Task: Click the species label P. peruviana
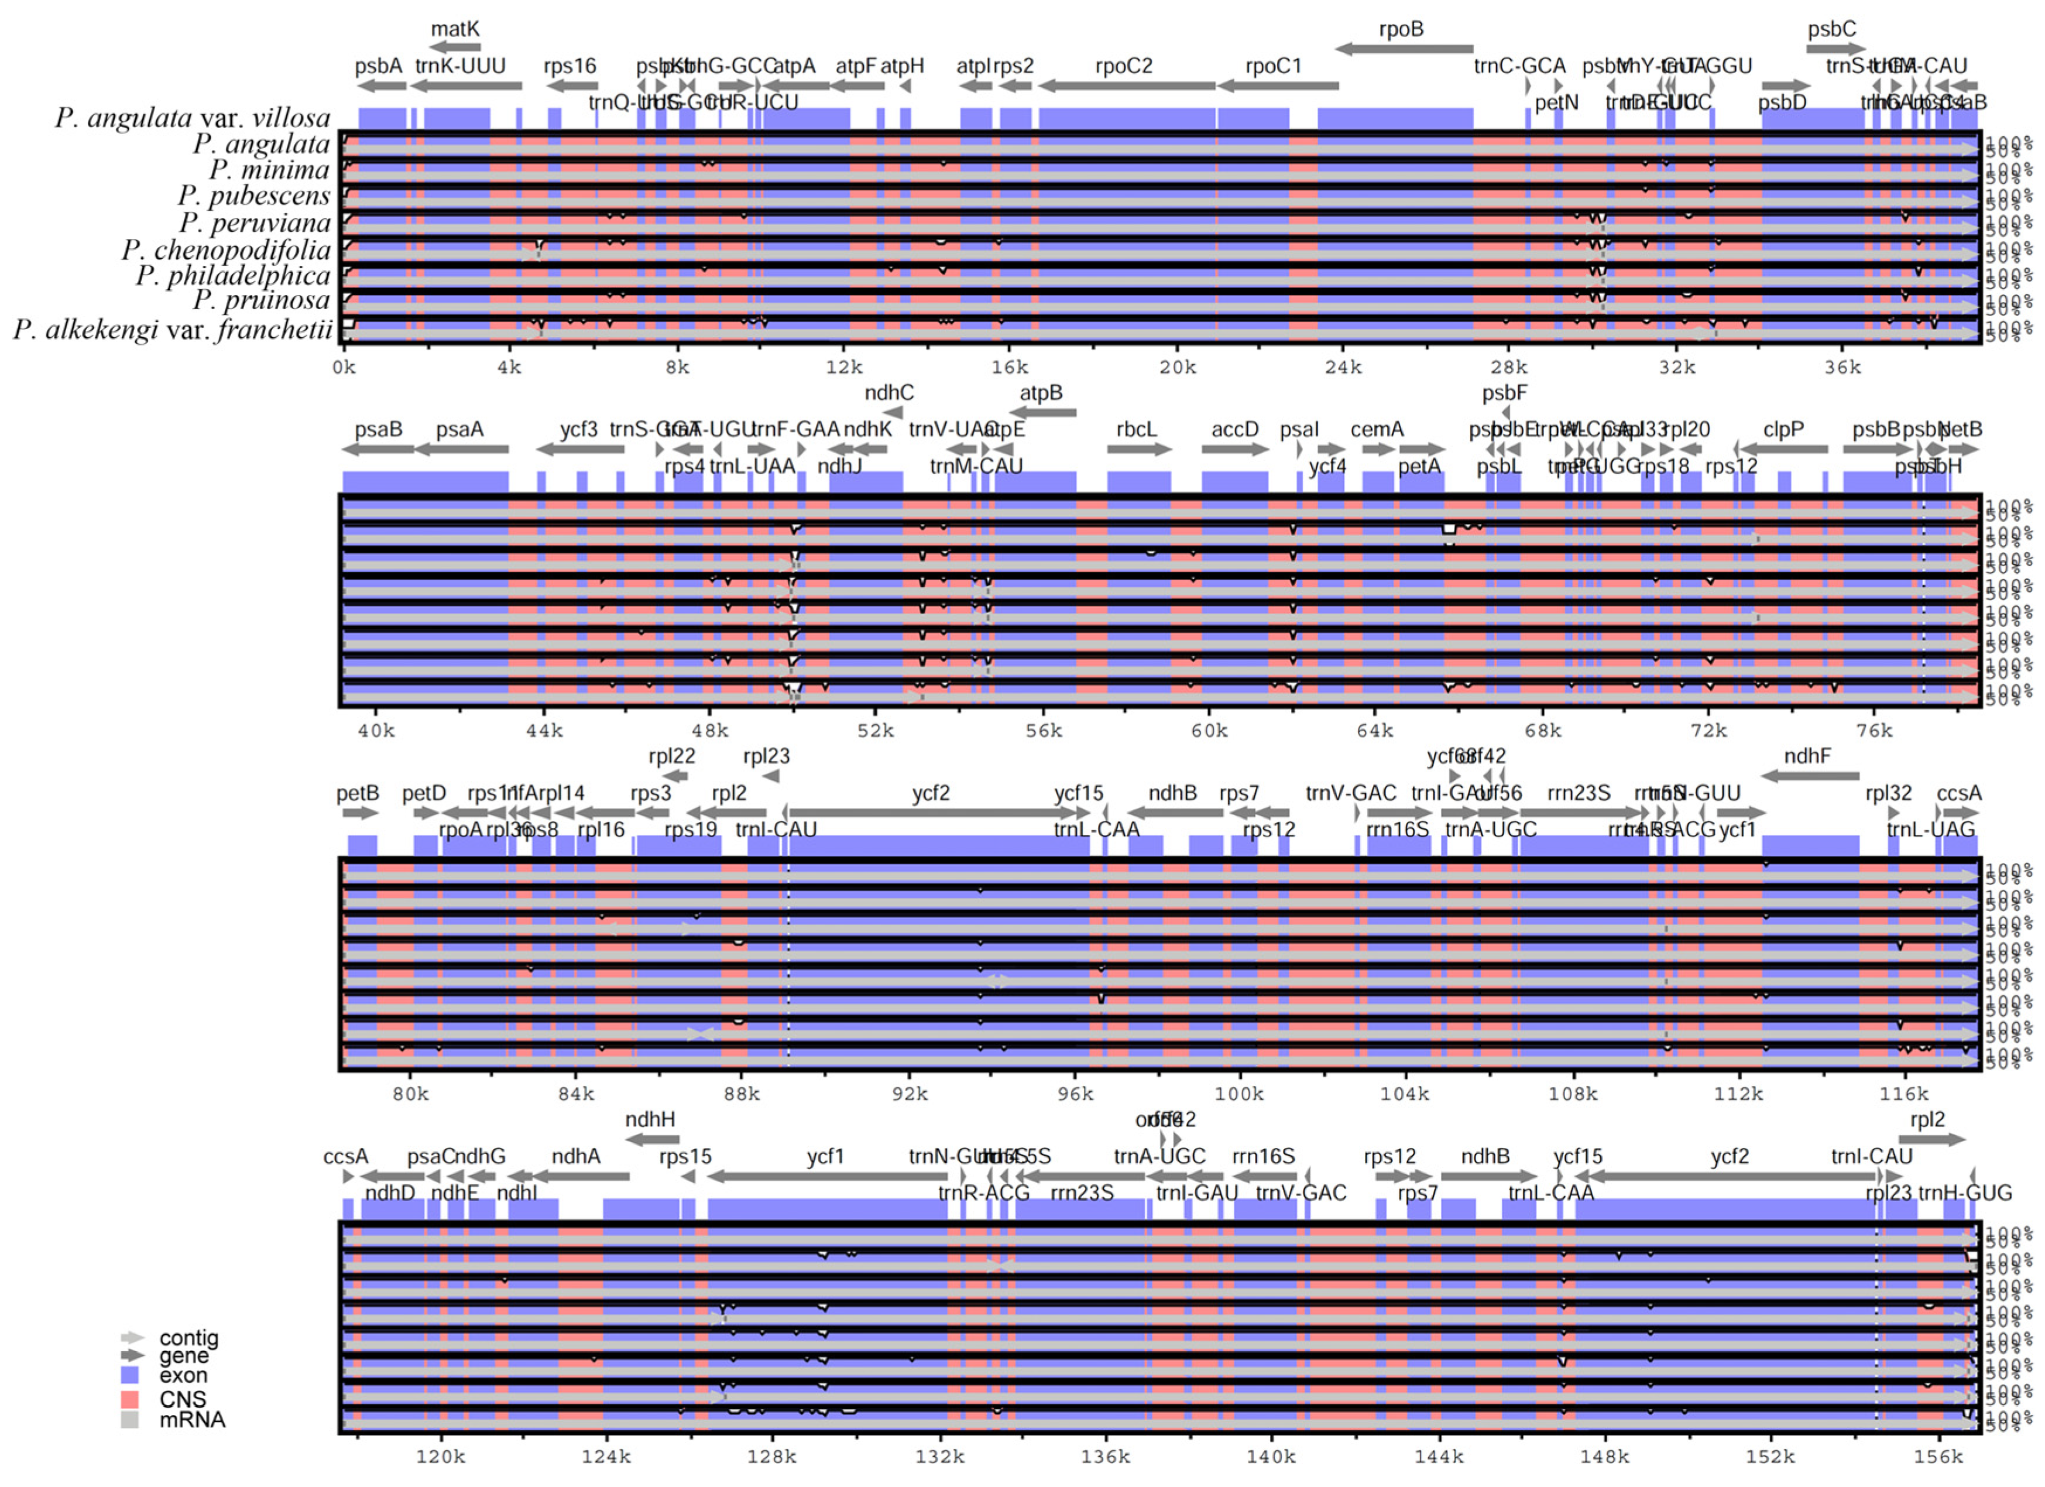[x=254, y=222]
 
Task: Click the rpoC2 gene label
[x=1124, y=66]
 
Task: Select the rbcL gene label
[x=1135, y=429]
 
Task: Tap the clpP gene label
[x=1783, y=429]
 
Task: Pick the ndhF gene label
[x=1807, y=756]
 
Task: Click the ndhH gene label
[x=650, y=1119]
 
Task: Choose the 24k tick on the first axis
[x=1343, y=367]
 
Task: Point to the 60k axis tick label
[x=1208, y=731]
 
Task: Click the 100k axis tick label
[x=1239, y=1094]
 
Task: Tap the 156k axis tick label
[x=1938, y=1457]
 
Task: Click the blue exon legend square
[x=130, y=1375]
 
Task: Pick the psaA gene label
[x=460, y=429]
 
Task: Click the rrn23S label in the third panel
[x=1578, y=793]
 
